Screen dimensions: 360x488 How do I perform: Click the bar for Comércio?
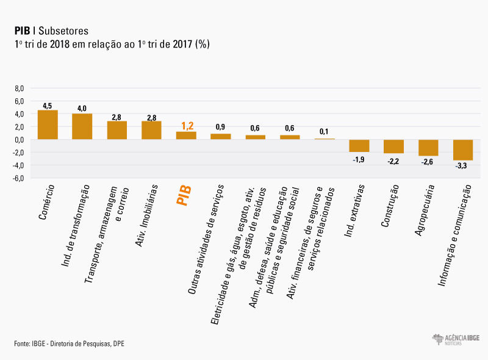click(48, 124)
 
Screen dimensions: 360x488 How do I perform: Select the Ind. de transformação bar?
click(82, 126)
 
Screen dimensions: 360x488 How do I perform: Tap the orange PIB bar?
click(186, 135)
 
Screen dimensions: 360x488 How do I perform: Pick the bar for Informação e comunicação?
click(463, 149)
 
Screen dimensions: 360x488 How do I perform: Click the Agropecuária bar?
click(428, 148)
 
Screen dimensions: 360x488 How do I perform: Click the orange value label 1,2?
click(186, 126)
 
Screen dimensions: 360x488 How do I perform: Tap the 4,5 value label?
click(48, 105)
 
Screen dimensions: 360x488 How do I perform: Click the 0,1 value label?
click(325, 132)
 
